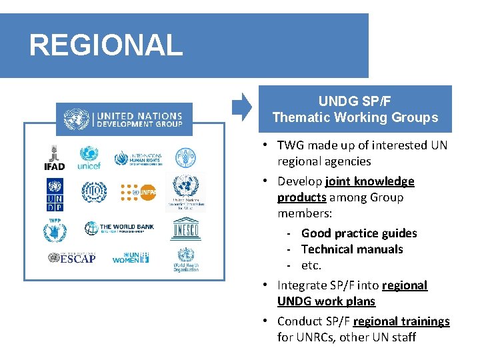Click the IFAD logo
(54, 158)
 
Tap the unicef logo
(89, 158)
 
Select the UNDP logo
(54, 194)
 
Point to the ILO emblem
(94, 193)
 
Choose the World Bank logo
(119, 228)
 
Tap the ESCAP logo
(71, 257)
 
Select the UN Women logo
(131, 257)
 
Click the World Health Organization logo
(186, 259)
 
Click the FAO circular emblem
(185, 158)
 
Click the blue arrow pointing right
(241, 106)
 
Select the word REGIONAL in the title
(105, 45)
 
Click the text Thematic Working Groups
(355, 118)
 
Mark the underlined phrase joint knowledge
(370, 181)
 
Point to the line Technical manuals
(352, 249)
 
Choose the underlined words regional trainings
(401, 321)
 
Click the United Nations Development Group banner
(124, 120)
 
